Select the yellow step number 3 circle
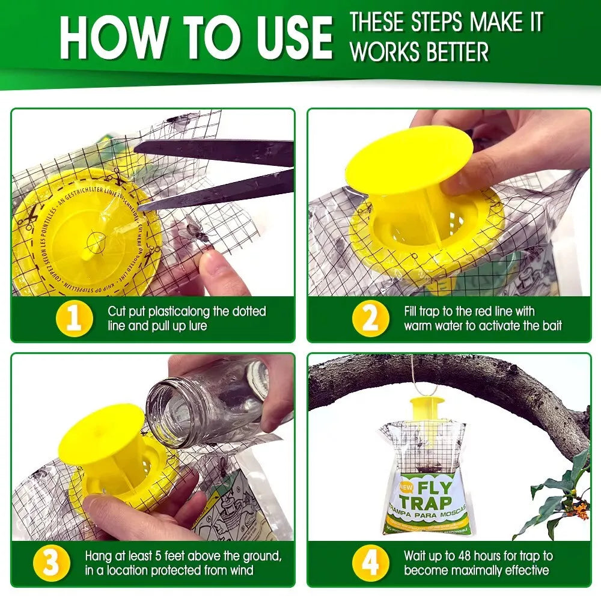50,564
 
